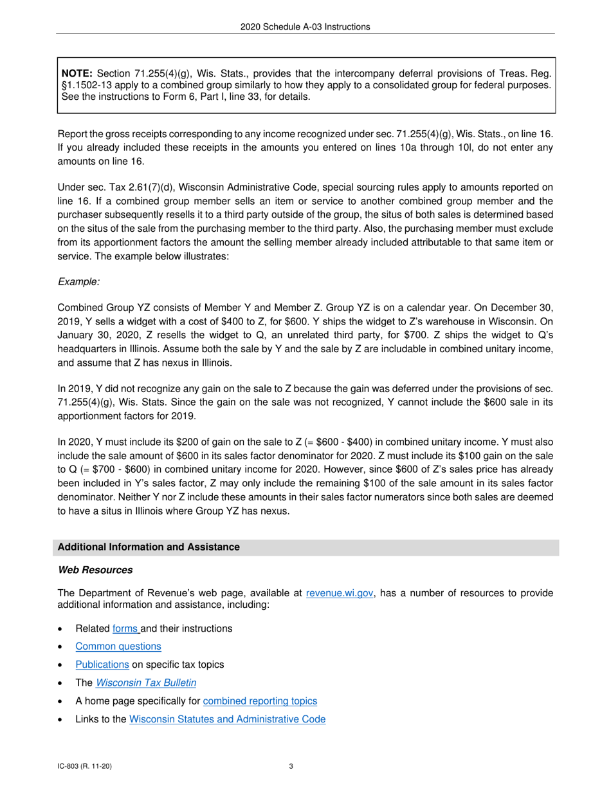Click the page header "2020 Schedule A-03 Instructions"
pos(305,27)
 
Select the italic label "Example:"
pos(78,281)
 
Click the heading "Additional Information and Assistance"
pos(149,547)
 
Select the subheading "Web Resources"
pos(95,570)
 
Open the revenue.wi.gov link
pos(340,594)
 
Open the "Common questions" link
pos(118,646)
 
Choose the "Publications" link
pos(102,665)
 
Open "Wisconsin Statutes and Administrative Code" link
pos(227,719)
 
